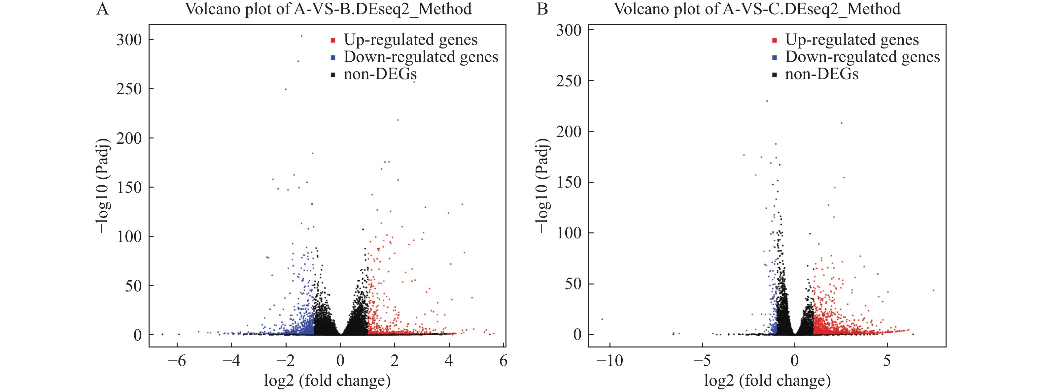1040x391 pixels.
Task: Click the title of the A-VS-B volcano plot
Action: coord(328,9)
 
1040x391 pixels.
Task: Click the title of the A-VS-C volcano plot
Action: coord(757,9)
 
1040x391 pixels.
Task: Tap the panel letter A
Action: coord(103,9)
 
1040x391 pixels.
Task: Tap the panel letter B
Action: coord(542,9)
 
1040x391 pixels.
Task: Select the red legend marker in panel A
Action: coord(333,40)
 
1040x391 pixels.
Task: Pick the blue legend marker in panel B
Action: coord(774,58)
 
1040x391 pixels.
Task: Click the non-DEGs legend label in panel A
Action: coord(380,74)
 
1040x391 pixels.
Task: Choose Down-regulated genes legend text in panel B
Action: coord(862,57)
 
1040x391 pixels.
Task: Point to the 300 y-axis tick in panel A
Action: coord(129,40)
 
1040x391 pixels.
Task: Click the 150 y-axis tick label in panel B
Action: coord(569,182)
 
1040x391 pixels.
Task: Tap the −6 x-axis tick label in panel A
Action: coord(177,361)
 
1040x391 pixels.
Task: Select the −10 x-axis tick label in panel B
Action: coord(609,361)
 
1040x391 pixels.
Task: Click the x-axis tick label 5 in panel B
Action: coord(887,361)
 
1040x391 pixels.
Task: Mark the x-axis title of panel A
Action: coord(328,380)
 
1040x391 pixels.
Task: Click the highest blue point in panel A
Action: coord(301,36)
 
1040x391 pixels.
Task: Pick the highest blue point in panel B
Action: coord(767,101)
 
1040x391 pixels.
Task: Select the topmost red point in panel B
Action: coord(841,123)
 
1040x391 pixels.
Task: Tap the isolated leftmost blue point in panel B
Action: coord(602,319)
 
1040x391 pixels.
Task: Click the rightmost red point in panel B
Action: coord(933,290)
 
